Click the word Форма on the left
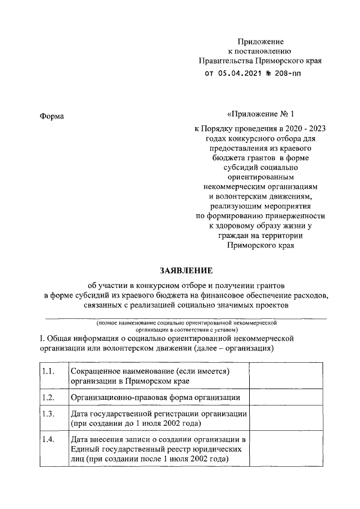coord(52,116)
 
